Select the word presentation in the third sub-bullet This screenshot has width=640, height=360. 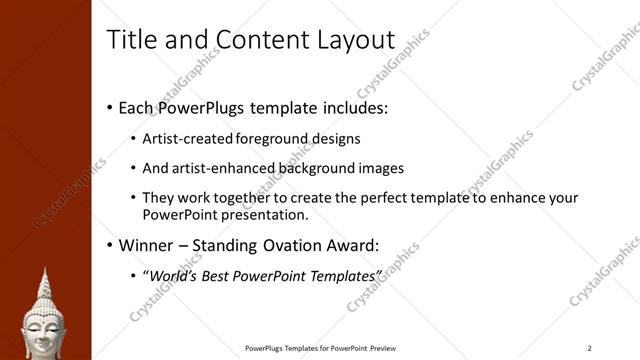(x=264, y=214)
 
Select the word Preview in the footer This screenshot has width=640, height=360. (x=390, y=348)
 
